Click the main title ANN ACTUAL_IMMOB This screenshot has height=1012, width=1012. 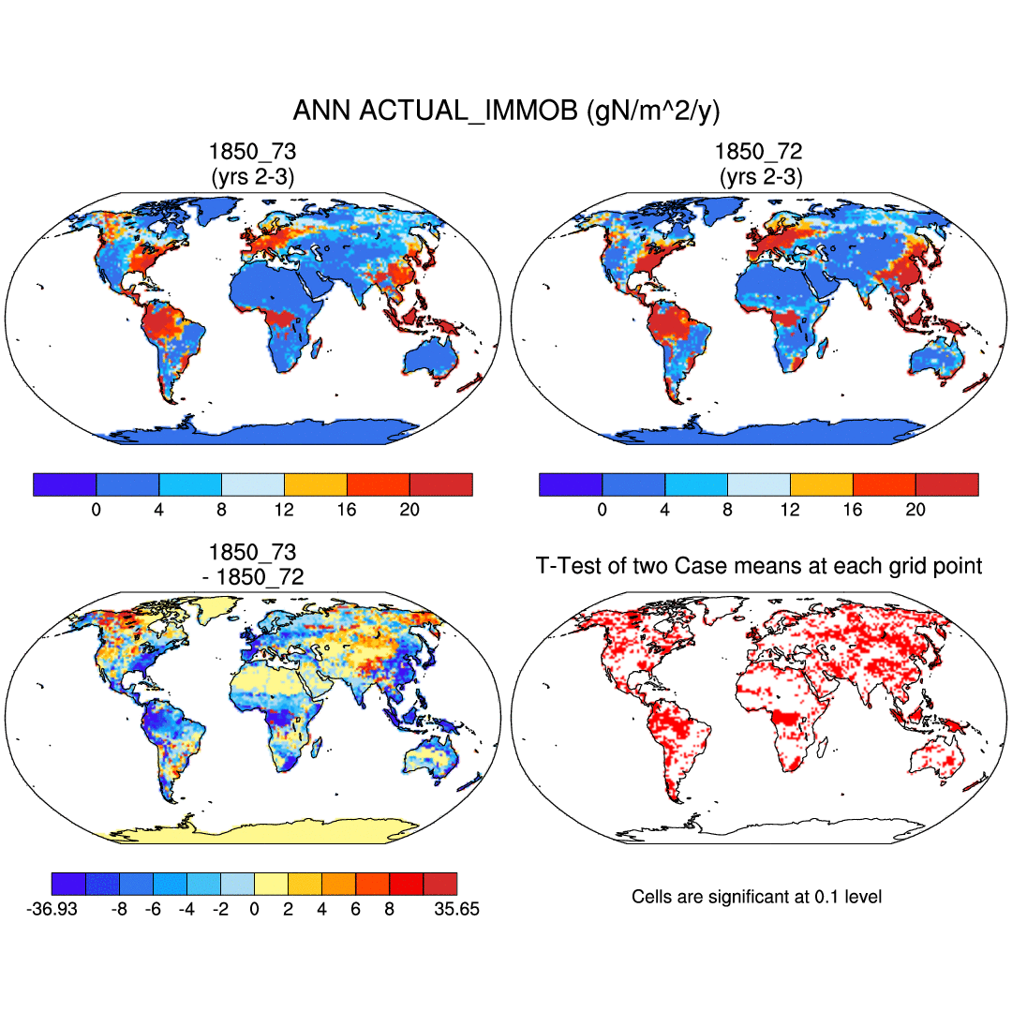(506, 111)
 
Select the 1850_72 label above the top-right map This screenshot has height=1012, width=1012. (759, 153)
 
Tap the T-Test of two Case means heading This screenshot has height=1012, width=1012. (759, 566)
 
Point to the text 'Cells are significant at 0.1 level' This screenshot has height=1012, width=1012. (756, 897)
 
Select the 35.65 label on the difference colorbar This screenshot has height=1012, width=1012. (456, 909)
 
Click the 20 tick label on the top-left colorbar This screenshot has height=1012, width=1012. (409, 510)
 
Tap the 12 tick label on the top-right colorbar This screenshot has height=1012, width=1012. (790, 510)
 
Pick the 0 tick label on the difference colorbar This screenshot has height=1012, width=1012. (254, 909)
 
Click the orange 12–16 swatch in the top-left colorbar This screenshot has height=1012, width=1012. (315, 484)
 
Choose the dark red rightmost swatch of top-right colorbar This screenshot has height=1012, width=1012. (946, 484)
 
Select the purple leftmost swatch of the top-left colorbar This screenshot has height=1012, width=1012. (65, 484)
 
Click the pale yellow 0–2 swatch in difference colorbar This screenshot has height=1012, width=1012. (271, 884)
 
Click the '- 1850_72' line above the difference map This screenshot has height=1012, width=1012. (253, 577)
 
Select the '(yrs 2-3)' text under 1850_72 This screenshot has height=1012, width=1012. (759, 176)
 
